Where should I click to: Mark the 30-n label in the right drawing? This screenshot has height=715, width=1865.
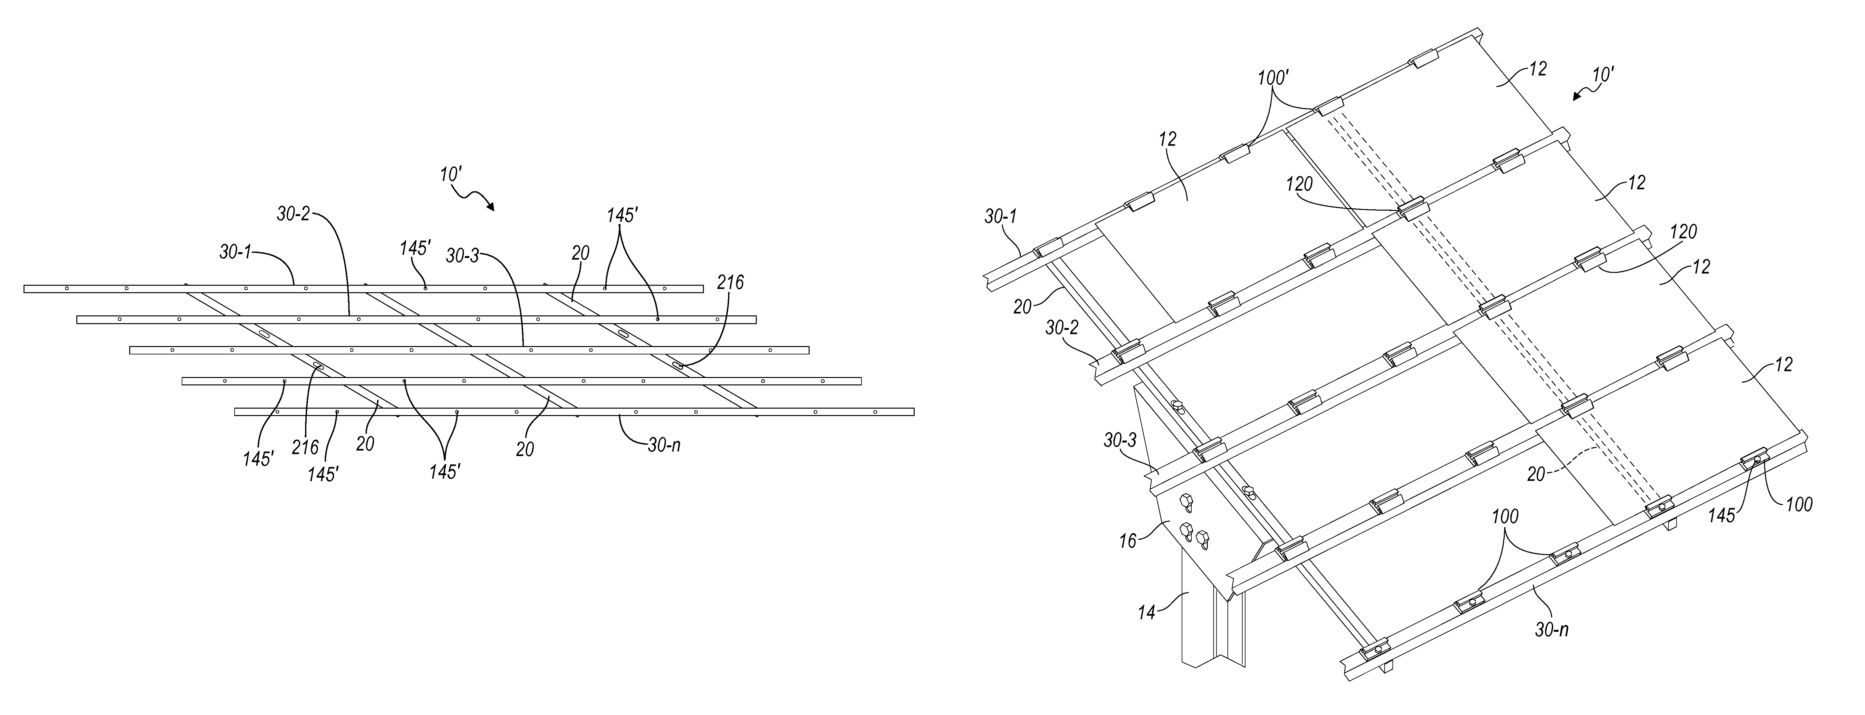(x=1552, y=630)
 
